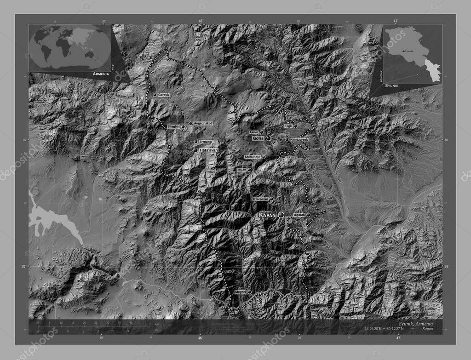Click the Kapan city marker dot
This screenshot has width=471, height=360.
[281, 215]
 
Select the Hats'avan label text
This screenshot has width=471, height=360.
[208, 150]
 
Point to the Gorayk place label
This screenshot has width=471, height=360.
[164, 95]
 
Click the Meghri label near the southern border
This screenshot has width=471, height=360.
[241, 292]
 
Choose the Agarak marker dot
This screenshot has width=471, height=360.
[309, 215]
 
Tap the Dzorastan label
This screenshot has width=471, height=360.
[260, 199]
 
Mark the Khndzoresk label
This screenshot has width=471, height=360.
[299, 139]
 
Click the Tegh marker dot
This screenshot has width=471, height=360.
[295, 126]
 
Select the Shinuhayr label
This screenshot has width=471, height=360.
[253, 157]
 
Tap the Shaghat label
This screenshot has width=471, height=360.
[174, 126]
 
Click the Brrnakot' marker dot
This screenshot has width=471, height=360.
[196, 142]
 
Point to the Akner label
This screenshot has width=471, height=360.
[253, 132]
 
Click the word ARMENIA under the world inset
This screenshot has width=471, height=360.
[100, 74]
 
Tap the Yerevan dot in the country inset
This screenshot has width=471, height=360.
[403, 51]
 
